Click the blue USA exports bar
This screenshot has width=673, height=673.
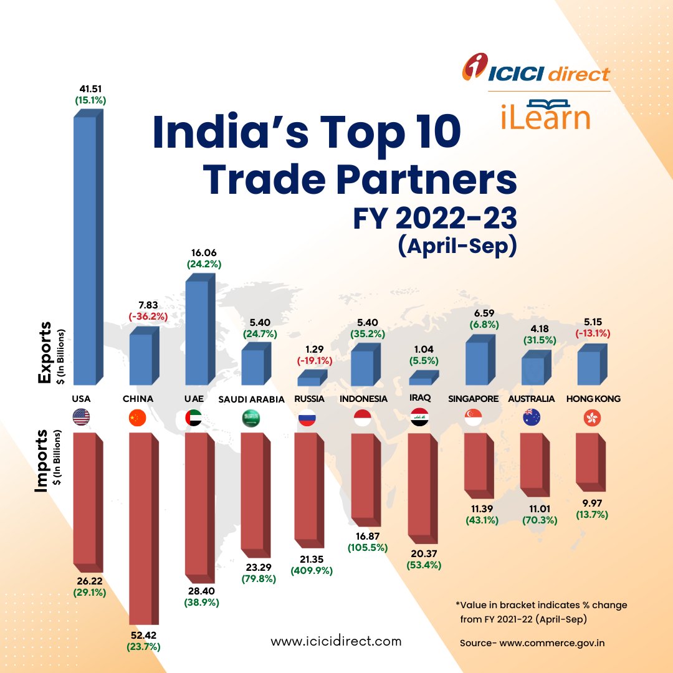pos(85,249)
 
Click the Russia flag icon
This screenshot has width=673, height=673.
pos(305,418)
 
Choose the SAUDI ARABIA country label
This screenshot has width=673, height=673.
pos(251,399)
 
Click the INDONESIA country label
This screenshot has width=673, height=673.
pos(363,399)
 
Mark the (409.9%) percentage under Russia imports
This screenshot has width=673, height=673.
pos(312,570)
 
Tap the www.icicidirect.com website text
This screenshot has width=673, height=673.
pos(336,641)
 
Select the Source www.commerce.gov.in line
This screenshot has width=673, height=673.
pos(532,642)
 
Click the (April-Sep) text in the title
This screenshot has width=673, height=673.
pos(457,246)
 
